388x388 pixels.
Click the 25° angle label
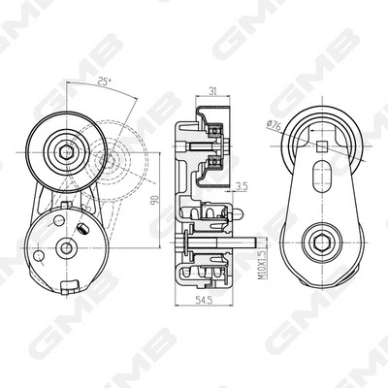click(103, 84)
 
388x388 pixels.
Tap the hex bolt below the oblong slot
click(319, 241)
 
